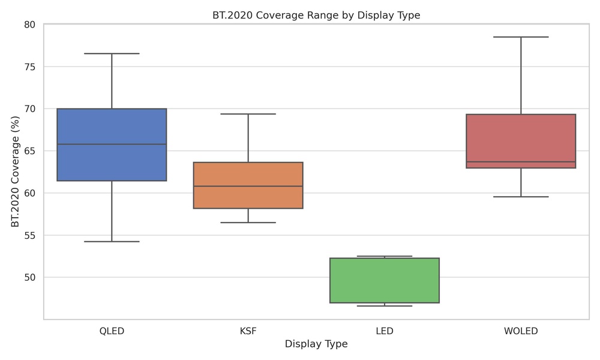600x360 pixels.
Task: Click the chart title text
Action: [316, 15]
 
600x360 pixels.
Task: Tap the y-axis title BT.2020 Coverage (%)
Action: [16, 172]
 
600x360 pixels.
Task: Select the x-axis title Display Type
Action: [316, 344]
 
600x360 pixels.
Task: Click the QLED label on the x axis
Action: [112, 331]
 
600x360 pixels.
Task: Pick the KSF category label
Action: [248, 331]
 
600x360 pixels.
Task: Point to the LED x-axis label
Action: [385, 331]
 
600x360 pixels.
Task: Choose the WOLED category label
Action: [521, 331]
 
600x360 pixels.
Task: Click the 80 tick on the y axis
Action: [30, 25]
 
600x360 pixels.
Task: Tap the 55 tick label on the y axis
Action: [30, 235]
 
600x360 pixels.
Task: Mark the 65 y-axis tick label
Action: [30, 151]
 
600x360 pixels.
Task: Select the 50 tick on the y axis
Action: [30, 277]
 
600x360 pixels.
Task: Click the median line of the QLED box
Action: [112, 145]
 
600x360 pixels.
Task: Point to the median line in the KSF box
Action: [248, 186]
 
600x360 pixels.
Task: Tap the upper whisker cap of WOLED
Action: [521, 37]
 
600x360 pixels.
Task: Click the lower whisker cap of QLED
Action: [112, 241]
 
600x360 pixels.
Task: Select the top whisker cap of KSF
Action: [248, 114]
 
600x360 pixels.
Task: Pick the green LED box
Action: [385, 280]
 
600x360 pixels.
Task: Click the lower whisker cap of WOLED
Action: [521, 197]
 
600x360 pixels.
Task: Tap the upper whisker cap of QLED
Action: [112, 54]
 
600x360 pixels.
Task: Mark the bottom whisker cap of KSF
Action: [248, 223]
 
